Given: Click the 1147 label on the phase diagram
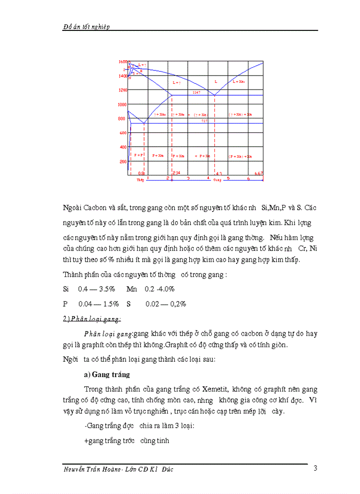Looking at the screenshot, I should [x=196, y=92].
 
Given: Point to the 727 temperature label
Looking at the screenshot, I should [x=204, y=120].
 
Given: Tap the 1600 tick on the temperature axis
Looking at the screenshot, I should [x=122, y=62].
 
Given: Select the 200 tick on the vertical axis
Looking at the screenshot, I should [x=123, y=162].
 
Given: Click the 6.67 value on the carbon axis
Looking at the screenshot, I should [x=259, y=173].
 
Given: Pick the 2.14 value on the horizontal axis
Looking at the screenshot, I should [x=176, y=173].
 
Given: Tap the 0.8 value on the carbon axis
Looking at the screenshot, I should [x=141, y=173].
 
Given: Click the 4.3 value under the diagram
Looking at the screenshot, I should [x=218, y=173].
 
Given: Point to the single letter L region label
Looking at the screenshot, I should [x=215, y=81].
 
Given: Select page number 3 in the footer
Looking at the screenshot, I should [x=315, y=468].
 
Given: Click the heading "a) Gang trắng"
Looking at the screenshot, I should [x=107, y=374].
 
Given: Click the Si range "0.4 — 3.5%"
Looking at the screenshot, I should [x=97, y=289].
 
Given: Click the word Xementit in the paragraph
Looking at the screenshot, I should [x=213, y=389].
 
